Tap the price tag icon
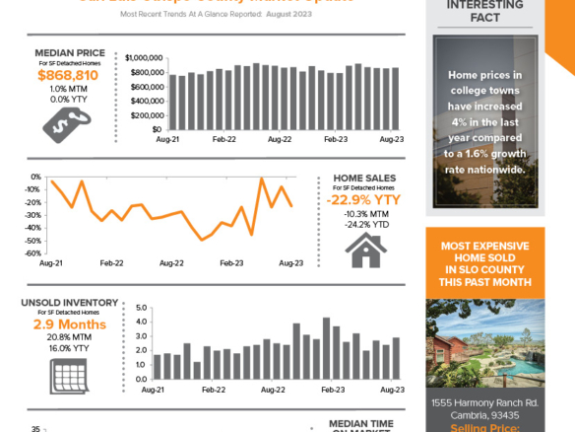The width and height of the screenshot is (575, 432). tap(67, 121)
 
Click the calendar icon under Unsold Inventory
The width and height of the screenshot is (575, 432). tap(66, 372)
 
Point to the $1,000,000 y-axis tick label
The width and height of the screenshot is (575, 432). tap(144, 58)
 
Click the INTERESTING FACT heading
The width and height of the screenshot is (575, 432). tap(484, 11)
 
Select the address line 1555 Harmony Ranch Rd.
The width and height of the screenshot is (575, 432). tap(483, 402)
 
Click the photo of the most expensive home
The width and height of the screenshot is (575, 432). tap(483, 340)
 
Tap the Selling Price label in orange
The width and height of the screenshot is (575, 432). tap(483, 427)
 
